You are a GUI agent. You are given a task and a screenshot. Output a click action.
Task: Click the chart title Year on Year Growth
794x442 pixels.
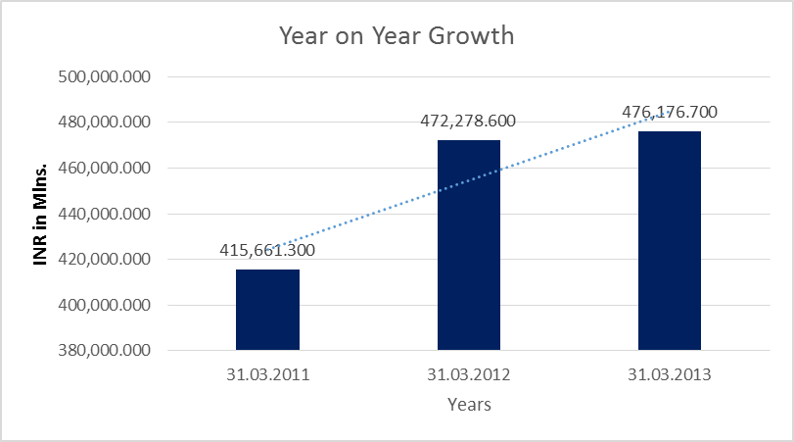397,37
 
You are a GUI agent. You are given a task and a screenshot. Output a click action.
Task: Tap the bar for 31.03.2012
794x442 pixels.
468,245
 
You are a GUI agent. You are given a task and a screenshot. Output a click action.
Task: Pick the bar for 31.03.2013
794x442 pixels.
670,241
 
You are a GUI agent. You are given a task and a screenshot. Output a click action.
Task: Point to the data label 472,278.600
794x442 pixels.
468,122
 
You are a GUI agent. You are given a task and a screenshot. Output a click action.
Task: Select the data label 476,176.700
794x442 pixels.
670,112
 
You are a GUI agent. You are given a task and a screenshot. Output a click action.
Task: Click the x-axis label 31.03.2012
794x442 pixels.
468,373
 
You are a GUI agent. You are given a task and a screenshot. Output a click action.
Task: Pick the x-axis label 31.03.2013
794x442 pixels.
670,373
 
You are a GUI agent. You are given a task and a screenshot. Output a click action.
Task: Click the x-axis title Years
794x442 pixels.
469,404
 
